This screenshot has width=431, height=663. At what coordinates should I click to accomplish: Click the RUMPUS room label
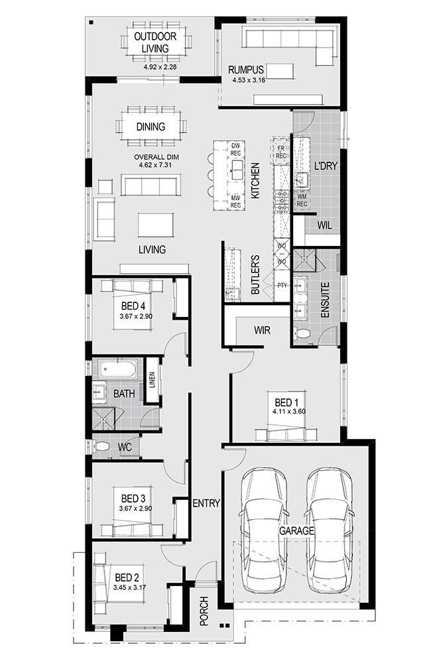click(246, 70)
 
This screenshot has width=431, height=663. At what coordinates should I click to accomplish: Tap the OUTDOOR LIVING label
click(155, 42)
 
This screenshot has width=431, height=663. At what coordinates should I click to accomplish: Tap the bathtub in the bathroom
click(117, 369)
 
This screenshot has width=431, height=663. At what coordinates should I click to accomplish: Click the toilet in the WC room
click(99, 446)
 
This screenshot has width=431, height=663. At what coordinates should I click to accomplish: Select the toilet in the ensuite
click(301, 333)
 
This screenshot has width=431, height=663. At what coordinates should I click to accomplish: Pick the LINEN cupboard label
click(153, 380)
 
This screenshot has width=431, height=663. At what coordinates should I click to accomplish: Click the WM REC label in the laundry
click(302, 200)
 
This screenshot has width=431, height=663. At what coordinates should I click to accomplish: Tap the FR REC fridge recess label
click(281, 152)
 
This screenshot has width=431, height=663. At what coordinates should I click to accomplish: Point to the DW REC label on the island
click(235, 149)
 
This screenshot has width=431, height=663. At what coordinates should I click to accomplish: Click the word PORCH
click(204, 611)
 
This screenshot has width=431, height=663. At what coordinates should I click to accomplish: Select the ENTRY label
click(206, 503)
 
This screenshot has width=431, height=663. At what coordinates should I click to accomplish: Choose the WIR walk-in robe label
click(262, 330)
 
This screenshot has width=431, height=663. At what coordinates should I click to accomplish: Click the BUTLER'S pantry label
click(255, 274)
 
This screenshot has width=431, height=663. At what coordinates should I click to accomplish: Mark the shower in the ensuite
click(304, 260)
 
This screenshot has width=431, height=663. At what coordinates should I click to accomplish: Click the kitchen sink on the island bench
click(236, 168)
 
